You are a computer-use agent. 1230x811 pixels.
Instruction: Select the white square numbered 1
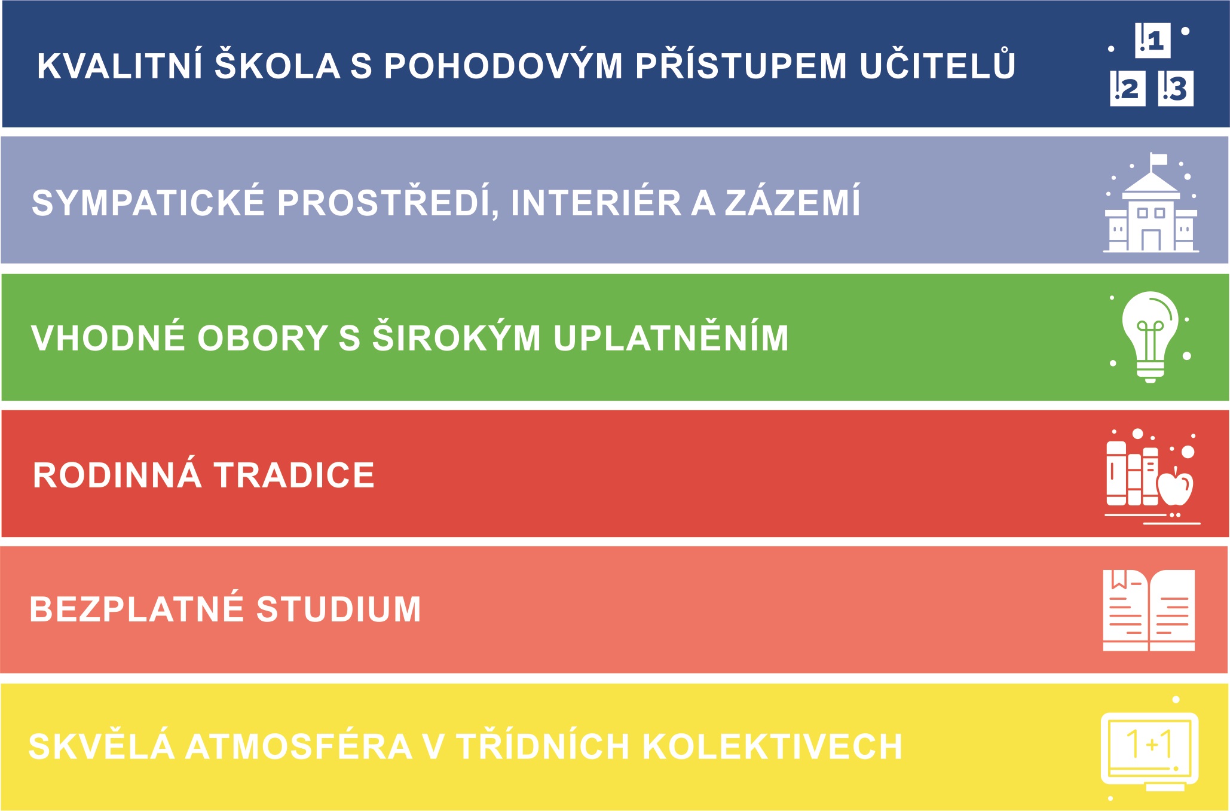click(x=1152, y=41)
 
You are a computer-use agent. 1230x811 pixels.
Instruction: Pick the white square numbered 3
click(x=1176, y=89)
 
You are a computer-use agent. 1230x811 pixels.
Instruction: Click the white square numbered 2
click(x=1128, y=89)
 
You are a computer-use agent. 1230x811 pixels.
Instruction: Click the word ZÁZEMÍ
click(x=793, y=200)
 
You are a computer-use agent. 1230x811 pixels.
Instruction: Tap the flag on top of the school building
click(x=1158, y=160)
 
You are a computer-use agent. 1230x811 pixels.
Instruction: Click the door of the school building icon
click(x=1151, y=240)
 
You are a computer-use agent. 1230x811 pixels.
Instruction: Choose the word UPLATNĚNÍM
click(x=671, y=336)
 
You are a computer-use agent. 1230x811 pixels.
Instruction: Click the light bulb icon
click(x=1151, y=336)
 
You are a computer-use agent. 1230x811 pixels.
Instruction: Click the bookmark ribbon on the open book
click(x=1119, y=579)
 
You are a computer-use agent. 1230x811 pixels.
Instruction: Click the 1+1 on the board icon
click(x=1149, y=744)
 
